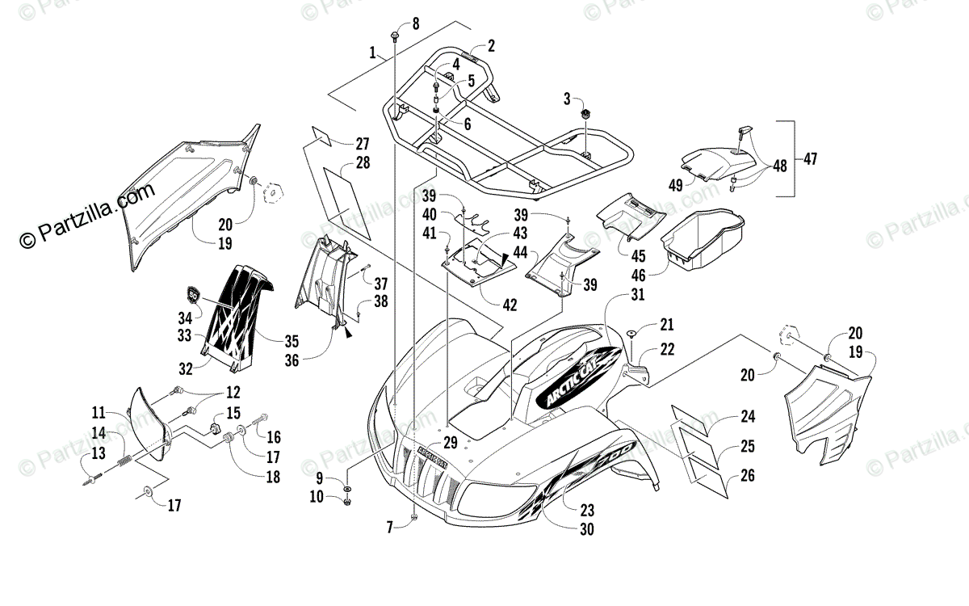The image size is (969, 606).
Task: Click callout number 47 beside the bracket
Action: coord(810,159)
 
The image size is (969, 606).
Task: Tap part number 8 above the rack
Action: coord(416,23)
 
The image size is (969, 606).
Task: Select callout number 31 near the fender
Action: coord(638,296)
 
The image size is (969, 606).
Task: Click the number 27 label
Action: coord(362,144)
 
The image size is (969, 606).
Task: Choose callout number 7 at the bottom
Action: coord(389,527)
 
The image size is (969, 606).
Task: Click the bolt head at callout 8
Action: coord(395,36)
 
